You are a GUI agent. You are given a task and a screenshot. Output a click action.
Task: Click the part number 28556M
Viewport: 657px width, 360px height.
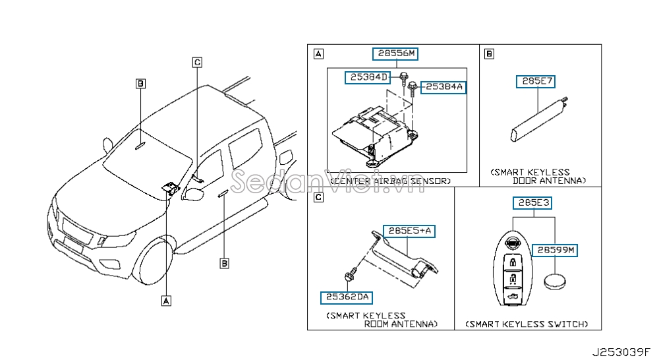397,53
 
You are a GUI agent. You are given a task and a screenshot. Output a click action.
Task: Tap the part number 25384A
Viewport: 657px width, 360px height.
443,87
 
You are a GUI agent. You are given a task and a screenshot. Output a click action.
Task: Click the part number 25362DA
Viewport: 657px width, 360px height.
346,297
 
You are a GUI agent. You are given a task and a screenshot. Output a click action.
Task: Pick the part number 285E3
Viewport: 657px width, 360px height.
534,203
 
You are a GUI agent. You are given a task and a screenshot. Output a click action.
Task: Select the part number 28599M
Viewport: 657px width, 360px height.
556,250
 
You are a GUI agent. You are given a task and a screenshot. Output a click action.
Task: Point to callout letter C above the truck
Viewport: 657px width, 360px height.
196,62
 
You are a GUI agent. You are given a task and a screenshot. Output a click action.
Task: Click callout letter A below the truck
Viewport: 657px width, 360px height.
165,300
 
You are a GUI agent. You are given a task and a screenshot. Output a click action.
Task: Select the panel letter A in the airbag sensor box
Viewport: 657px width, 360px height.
318,53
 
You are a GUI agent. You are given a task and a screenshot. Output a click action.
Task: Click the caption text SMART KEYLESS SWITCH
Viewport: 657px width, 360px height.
527,324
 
